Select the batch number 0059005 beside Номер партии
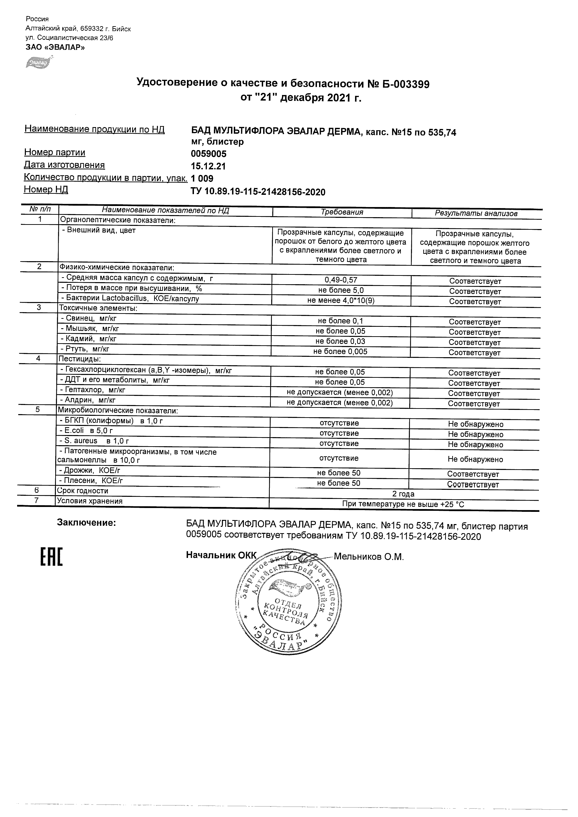tap(209, 154)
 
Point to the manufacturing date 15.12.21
tap(208, 167)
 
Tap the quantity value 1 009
tap(202, 179)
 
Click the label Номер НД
tap(46, 190)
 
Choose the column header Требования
tap(342, 212)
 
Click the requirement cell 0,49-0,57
tap(341, 280)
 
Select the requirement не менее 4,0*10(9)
tap(341, 301)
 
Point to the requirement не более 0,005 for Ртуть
tap(340, 352)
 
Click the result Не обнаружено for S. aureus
tap(475, 445)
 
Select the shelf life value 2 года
tap(403, 494)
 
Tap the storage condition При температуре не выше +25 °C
tap(403, 504)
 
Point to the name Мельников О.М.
tap(369, 557)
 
